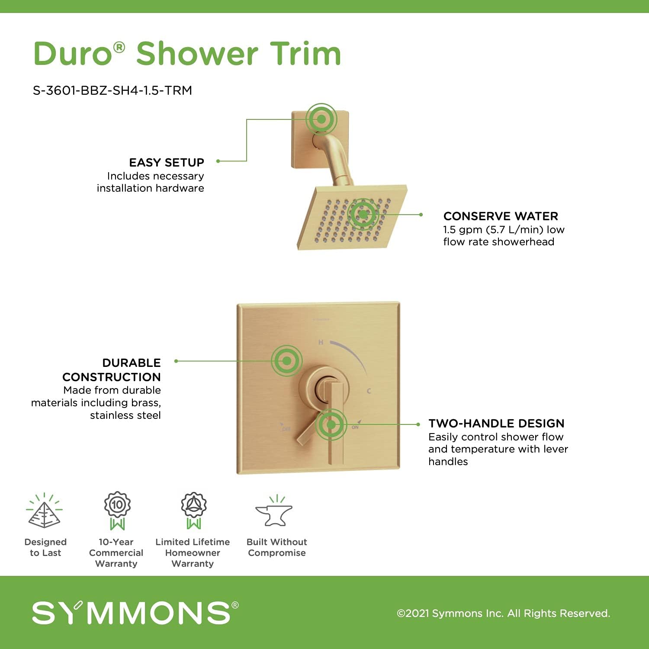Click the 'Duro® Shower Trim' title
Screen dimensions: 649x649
point(187,54)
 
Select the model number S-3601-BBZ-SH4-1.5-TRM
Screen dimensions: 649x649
point(112,90)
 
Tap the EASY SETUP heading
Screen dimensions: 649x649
point(167,163)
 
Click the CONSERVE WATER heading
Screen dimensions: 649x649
point(501,216)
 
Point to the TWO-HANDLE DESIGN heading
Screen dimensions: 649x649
point(496,424)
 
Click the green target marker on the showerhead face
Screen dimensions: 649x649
point(363,214)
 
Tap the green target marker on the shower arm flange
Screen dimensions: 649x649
point(321,119)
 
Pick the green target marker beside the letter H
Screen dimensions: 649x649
point(286,360)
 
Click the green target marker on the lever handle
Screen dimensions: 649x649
point(331,425)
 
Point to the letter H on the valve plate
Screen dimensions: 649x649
point(321,342)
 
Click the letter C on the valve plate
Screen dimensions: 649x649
point(369,391)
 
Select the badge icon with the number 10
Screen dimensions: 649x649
point(117,510)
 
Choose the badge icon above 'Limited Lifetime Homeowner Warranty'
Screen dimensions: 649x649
point(193,510)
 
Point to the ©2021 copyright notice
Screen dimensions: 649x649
point(503,614)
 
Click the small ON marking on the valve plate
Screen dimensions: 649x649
point(355,427)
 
